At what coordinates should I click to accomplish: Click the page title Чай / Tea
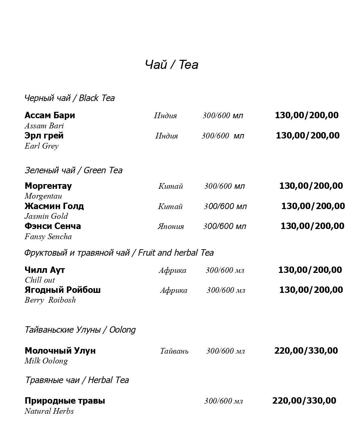coord(171,65)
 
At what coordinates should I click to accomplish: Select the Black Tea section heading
coord(70,98)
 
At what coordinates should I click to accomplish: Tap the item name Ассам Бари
coord(50,115)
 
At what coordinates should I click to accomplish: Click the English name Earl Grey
coord(42,146)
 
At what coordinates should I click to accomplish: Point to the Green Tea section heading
coord(73,170)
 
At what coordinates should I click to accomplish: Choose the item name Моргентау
coord(48,186)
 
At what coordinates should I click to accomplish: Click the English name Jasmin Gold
coord(46,216)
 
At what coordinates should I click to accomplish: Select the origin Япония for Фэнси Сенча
coord(171,226)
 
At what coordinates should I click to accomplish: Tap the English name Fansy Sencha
coord(48,236)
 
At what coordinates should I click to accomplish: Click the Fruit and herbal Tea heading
coord(119,253)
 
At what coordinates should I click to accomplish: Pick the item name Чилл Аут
coord(45,270)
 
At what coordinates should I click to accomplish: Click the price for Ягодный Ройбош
coord(311,290)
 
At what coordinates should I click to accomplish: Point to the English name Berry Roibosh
coord(50,300)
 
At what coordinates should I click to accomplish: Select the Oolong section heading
coord(80,330)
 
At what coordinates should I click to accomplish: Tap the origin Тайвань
coord(174,351)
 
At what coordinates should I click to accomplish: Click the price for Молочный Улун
coord(306,351)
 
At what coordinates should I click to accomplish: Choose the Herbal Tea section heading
coord(77,380)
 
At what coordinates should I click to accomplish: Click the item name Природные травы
coord(65,401)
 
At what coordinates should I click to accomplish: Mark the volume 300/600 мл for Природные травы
coord(223,401)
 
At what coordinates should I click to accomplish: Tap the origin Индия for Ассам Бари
coord(165,116)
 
